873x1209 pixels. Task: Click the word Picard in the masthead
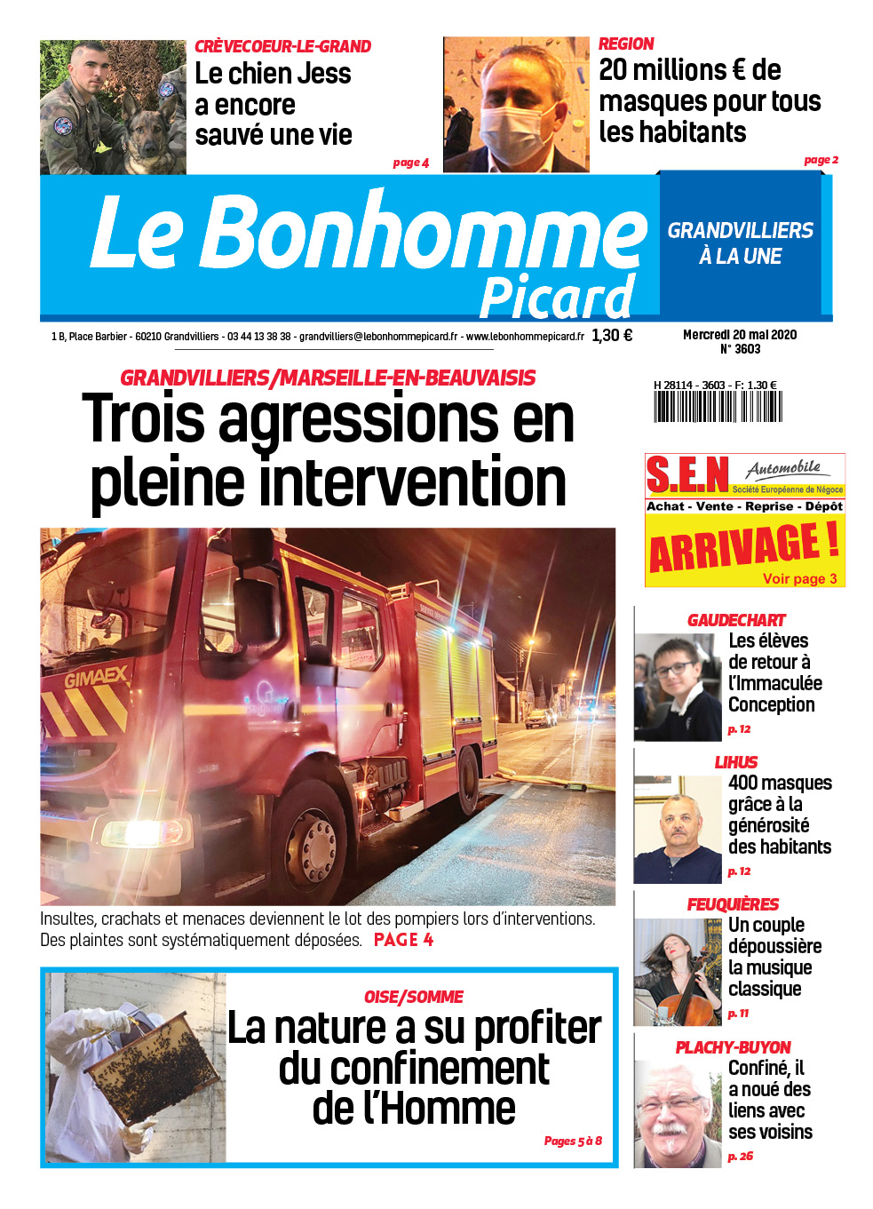(x=558, y=297)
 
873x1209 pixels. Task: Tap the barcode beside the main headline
(x=718, y=406)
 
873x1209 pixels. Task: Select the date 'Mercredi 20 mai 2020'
(x=739, y=335)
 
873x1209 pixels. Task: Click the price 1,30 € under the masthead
(x=612, y=336)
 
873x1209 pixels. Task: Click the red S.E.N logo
(x=687, y=475)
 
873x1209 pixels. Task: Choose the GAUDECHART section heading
(x=736, y=620)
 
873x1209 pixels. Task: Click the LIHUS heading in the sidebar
(x=736, y=762)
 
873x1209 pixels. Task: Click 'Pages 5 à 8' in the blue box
(x=573, y=1141)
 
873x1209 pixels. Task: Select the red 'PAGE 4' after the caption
(x=403, y=940)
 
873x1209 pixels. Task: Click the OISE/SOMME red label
(x=413, y=997)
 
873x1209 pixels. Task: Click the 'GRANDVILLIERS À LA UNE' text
(x=740, y=243)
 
